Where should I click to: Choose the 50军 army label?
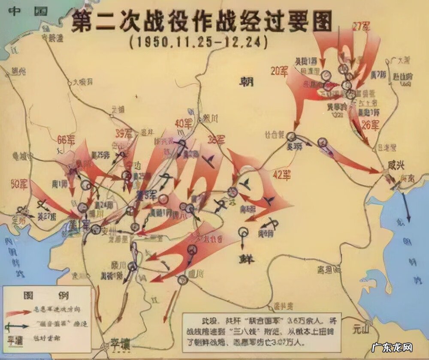pyautogui.click(x=19, y=185)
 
